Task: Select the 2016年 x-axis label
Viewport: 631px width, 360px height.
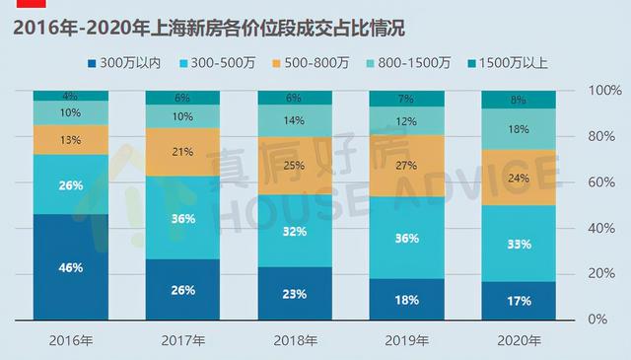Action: coord(71,340)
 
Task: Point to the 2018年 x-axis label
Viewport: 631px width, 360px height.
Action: coord(295,340)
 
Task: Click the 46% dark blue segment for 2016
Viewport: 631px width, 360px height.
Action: coord(71,266)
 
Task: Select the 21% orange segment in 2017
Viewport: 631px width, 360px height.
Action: coord(182,151)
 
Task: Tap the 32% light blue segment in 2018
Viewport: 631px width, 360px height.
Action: coord(295,233)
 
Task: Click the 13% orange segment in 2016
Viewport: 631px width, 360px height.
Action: coord(71,139)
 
